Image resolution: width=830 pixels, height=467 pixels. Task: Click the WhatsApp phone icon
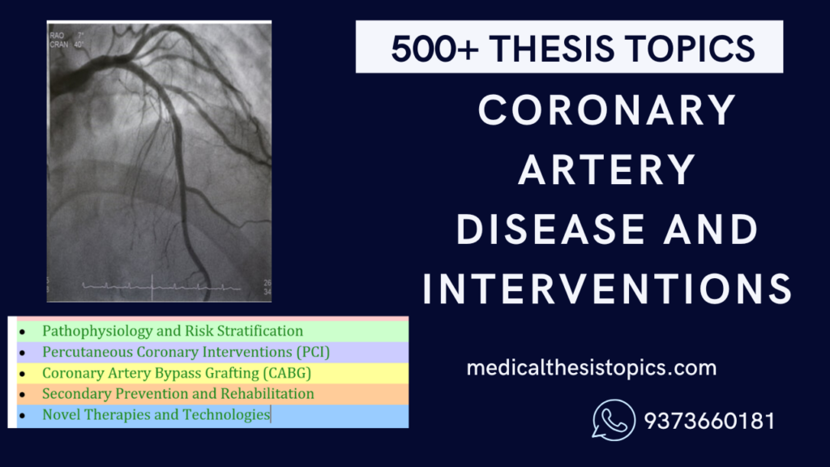[x=614, y=421]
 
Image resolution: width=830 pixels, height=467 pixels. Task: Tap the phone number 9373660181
[x=709, y=422]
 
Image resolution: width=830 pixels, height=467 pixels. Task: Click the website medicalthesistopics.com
[x=592, y=368]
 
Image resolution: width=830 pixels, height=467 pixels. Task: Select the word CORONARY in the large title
[x=607, y=110]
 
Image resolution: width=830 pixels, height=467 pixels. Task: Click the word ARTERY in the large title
[x=606, y=169]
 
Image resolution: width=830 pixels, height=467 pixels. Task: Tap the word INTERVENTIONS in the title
[x=606, y=289]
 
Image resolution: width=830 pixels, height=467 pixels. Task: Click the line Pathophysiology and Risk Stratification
[x=173, y=331]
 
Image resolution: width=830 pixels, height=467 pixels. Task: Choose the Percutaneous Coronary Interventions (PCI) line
[x=186, y=352]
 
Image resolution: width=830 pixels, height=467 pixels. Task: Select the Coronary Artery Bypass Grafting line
[x=177, y=373]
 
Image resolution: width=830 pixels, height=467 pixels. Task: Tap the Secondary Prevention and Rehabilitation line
[x=178, y=394]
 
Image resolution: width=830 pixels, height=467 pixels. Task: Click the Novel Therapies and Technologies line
[x=156, y=415]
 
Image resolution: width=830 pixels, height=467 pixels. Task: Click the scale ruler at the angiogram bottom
[x=146, y=286]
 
